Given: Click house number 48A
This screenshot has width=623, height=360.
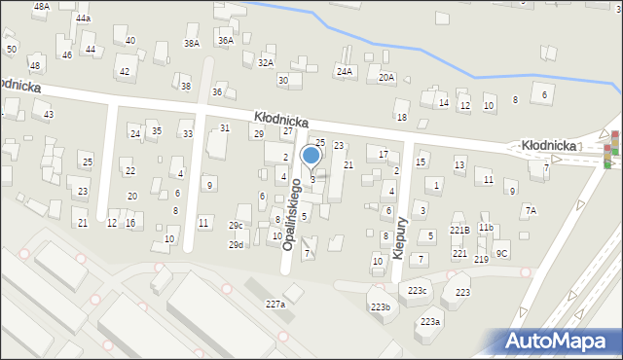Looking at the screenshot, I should (x=41, y=6).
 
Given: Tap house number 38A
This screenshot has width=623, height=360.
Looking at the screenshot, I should (x=192, y=43).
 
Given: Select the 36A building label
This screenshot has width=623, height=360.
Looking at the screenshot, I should (x=226, y=40).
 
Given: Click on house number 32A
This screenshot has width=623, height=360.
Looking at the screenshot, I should (x=266, y=62).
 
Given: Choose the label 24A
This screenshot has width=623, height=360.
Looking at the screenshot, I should (x=345, y=71).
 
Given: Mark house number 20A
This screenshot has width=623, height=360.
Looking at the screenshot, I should (x=386, y=77).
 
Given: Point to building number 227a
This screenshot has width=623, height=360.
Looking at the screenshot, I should (x=275, y=305).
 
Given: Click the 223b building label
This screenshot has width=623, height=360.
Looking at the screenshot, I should (x=380, y=307).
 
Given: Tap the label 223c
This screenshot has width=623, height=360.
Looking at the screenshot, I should (x=418, y=291).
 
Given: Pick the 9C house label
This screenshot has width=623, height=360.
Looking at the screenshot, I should (x=501, y=254).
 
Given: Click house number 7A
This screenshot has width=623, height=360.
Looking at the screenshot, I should (x=531, y=210).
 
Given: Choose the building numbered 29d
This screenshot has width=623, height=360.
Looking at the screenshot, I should (x=237, y=244).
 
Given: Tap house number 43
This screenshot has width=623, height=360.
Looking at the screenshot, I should (x=49, y=115).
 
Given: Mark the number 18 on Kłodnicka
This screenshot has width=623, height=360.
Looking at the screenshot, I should (x=401, y=117).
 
